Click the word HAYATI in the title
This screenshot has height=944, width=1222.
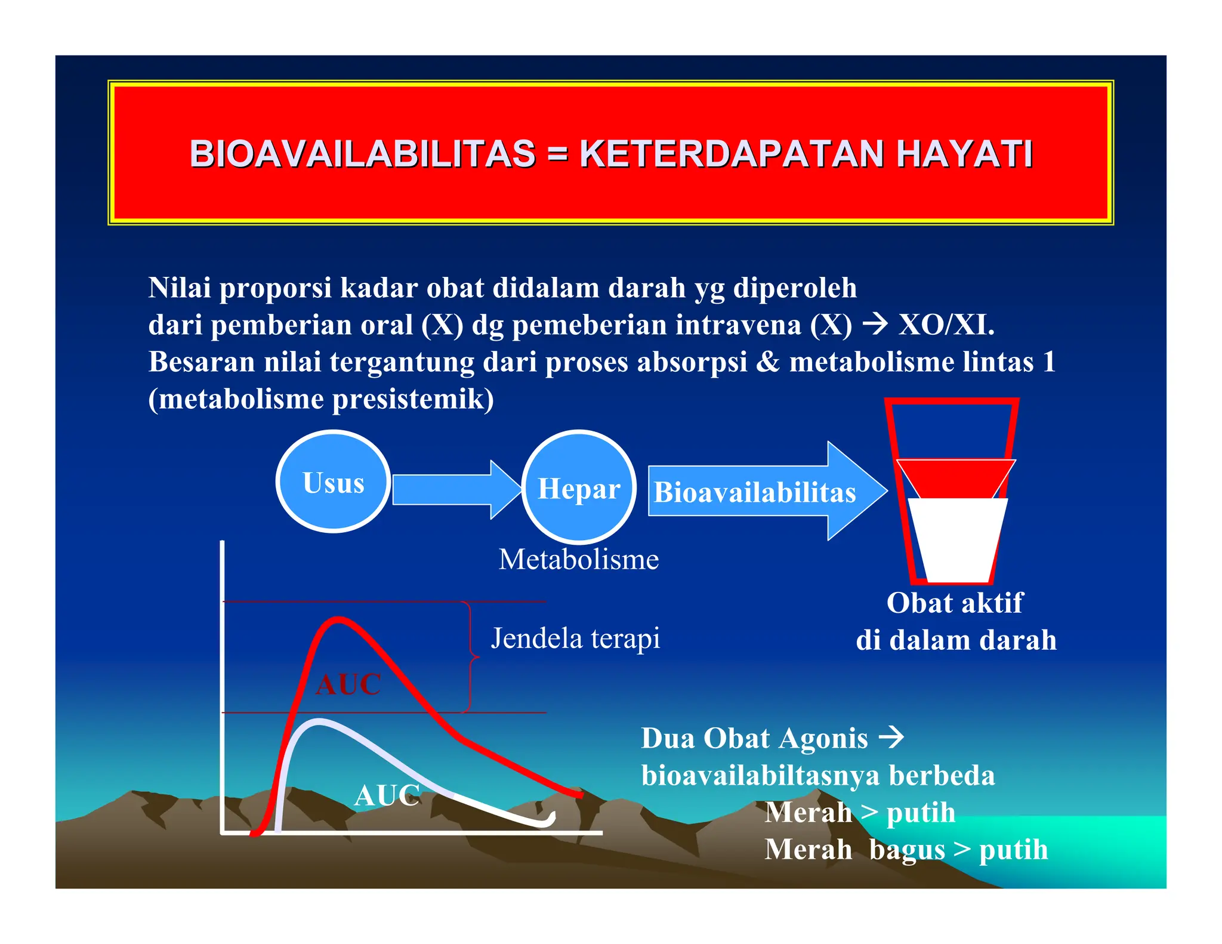tap(964, 154)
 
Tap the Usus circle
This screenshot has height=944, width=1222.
tap(333, 482)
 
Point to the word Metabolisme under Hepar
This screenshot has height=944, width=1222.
tap(578, 560)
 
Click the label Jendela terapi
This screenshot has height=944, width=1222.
tap(575, 638)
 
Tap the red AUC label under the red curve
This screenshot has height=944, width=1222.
tap(348, 684)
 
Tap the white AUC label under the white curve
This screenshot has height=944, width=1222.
tap(387, 795)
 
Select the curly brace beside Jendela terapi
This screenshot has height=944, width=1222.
tap(471, 656)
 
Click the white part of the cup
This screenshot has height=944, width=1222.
tap(957, 537)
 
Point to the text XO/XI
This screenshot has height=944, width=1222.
tap(946, 325)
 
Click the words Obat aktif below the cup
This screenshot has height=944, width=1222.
tap(955, 603)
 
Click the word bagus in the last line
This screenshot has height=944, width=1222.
tap(907, 850)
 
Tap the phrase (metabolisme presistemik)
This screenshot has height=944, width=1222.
tap(321, 399)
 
